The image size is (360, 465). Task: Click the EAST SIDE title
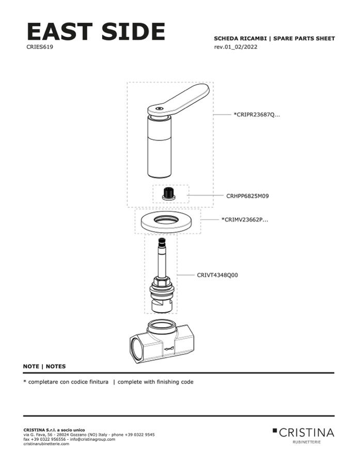click(96, 31)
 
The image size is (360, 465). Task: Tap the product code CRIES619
click(40, 47)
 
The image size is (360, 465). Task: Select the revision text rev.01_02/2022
click(236, 47)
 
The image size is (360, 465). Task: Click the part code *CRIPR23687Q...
click(257, 115)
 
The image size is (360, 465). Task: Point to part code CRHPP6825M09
click(247, 196)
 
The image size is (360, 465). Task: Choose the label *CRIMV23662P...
click(245, 220)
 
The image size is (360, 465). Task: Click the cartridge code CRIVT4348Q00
click(217, 275)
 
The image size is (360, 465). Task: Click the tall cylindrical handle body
click(160, 147)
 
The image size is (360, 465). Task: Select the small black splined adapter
click(168, 194)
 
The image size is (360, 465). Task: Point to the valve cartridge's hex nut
click(162, 281)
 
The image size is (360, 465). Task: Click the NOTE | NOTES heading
click(44, 366)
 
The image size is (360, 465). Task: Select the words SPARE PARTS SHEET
click(304, 39)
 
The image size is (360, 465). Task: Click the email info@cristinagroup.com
click(92, 439)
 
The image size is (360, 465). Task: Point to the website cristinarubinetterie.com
click(46, 444)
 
